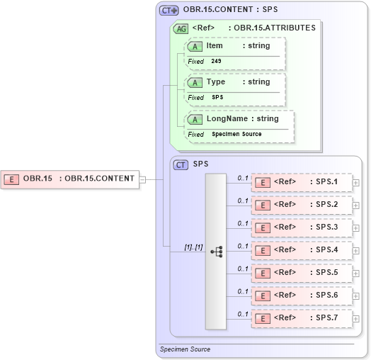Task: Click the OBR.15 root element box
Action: click(70, 178)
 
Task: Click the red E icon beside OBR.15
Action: click(11, 179)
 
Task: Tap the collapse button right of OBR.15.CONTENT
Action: click(142, 179)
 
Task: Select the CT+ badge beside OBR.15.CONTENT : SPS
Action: click(169, 11)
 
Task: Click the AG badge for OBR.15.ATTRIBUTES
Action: click(181, 28)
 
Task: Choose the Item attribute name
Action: click(215, 46)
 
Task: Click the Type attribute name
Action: click(216, 82)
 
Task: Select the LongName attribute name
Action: click(227, 118)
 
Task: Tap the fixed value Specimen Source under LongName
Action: click(236, 134)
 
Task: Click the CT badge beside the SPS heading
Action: click(181, 164)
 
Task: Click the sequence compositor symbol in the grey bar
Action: click(216, 251)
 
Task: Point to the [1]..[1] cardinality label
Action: click(193, 247)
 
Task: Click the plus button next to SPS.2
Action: click(355, 206)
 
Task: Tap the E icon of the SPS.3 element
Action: click(262, 227)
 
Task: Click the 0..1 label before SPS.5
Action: click(242, 269)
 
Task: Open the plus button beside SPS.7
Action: click(355, 319)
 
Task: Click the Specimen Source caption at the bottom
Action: click(185, 349)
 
